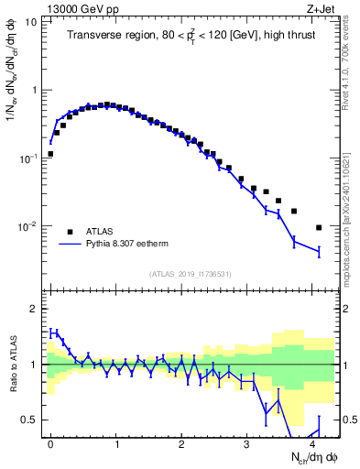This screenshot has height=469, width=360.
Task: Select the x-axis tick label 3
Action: pyautogui.click(x=246, y=443)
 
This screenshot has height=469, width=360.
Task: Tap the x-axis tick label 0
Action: pyautogui.click(x=50, y=443)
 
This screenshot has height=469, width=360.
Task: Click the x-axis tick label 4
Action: pyautogui.click(x=312, y=443)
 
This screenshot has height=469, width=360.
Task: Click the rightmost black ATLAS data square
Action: pyautogui.click(x=319, y=227)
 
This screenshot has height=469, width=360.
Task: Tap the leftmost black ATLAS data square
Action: pyautogui.click(x=50, y=154)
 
